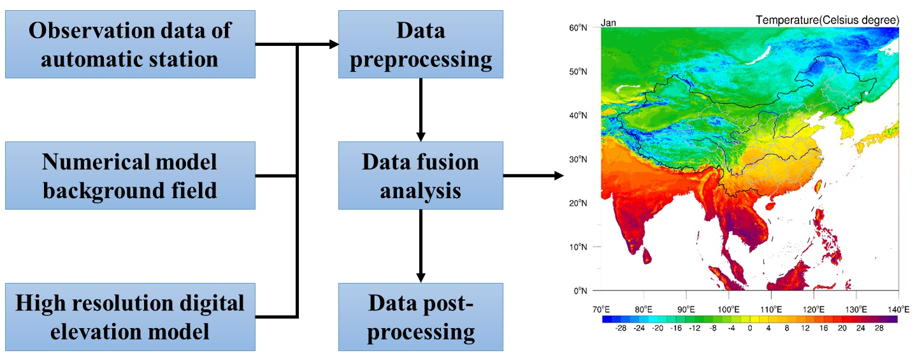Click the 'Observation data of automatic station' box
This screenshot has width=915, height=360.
[130, 45]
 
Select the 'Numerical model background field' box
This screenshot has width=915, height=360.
[130, 175]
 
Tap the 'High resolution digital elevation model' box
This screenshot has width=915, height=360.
[130, 317]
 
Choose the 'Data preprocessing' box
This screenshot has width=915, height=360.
[421, 45]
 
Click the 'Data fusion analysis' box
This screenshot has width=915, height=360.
[421, 175]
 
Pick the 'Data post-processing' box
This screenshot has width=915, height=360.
[421, 317]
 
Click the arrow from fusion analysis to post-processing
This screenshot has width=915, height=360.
[421, 245]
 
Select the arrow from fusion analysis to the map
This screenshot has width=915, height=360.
[533, 175]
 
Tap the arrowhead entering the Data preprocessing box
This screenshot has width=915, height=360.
[333, 45]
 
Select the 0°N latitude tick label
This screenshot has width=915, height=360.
[580, 291]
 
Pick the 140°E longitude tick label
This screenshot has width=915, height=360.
[898, 310]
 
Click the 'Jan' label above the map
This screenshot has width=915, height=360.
[609, 23]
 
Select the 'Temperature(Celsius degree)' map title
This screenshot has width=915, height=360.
[827, 21]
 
